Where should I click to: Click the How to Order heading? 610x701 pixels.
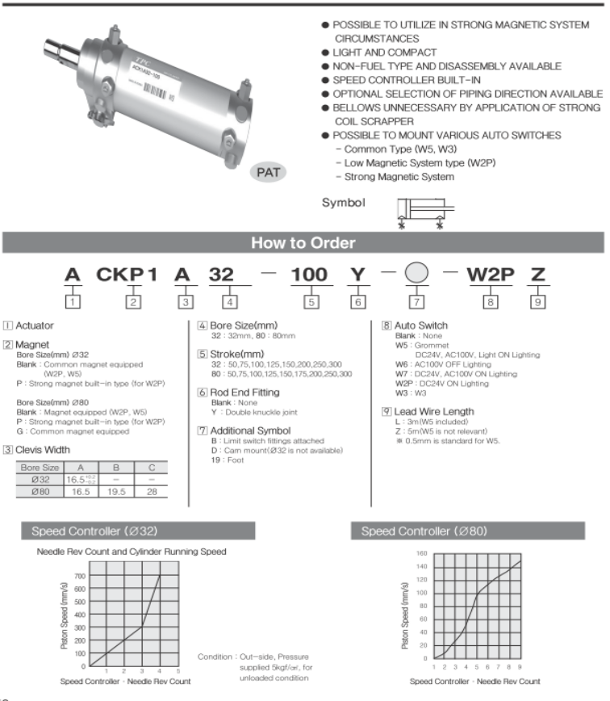click(x=304, y=243)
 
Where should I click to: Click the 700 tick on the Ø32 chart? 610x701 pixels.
click(x=78, y=576)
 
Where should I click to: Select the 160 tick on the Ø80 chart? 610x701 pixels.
click(x=421, y=554)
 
